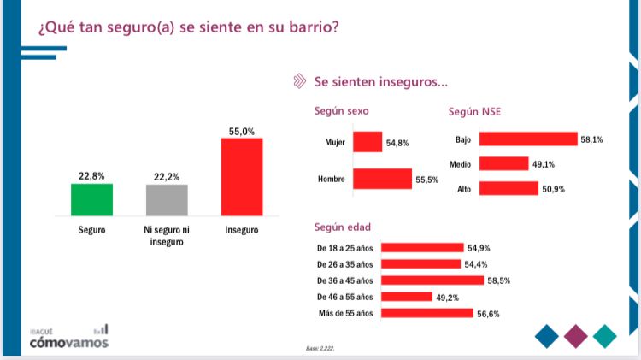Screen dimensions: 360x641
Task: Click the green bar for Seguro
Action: coord(91,199)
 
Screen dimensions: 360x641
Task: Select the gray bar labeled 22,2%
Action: coord(166,200)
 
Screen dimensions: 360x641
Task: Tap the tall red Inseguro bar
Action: coord(241,176)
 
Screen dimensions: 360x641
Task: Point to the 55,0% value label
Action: coord(242,131)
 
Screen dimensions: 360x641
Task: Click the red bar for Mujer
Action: coord(368,142)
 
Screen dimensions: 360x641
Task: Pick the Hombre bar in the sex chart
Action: coord(382,179)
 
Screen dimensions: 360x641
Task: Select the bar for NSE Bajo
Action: coord(528,139)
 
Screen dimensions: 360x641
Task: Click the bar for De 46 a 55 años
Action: coord(406,297)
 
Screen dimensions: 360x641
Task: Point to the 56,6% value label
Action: coord(489,314)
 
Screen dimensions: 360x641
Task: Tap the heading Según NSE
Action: coord(476,111)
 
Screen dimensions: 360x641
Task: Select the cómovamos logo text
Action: coord(69,344)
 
